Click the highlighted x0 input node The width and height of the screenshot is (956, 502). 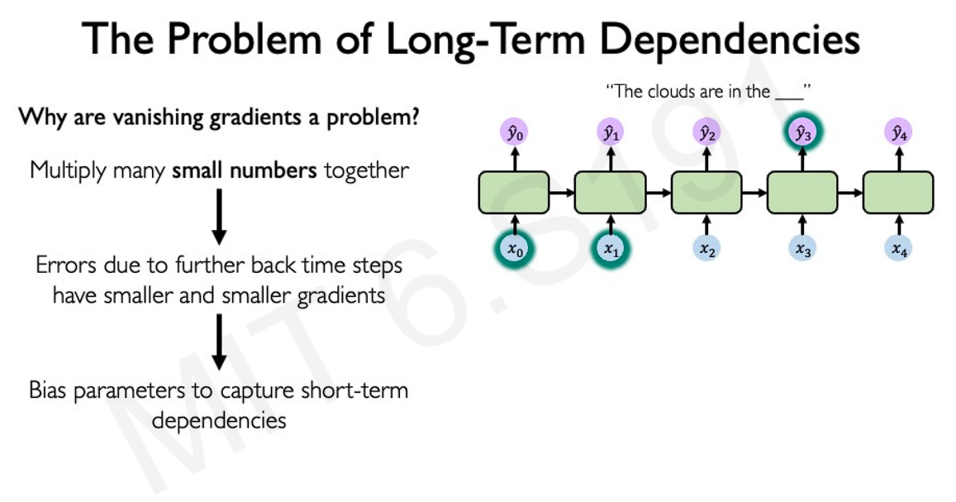coord(515,249)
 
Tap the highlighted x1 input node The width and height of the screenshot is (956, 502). coord(611,249)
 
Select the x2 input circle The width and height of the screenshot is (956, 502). coord(706,248)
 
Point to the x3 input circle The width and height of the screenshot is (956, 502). coord(802,248)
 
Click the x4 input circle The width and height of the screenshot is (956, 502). coord(898,248)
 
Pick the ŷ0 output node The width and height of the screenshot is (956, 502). coord(515,132)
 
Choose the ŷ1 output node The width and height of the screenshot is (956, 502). coord(611,132)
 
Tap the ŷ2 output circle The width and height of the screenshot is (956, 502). coord(706,132)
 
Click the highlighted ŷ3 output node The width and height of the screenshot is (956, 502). coord(802,132)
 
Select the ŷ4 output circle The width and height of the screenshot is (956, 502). coord(898,132)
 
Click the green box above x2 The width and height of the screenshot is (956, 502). coord(706,193)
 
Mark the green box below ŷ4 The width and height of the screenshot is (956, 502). coord(898,193)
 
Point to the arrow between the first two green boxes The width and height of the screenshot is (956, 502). coord(562,193)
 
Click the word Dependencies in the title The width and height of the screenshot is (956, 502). coord(730,40)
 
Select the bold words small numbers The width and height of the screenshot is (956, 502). coord(244,170)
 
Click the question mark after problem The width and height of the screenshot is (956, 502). coord(414,116)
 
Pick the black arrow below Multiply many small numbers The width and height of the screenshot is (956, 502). coord(219,217)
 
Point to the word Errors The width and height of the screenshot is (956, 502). coord(66,265)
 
